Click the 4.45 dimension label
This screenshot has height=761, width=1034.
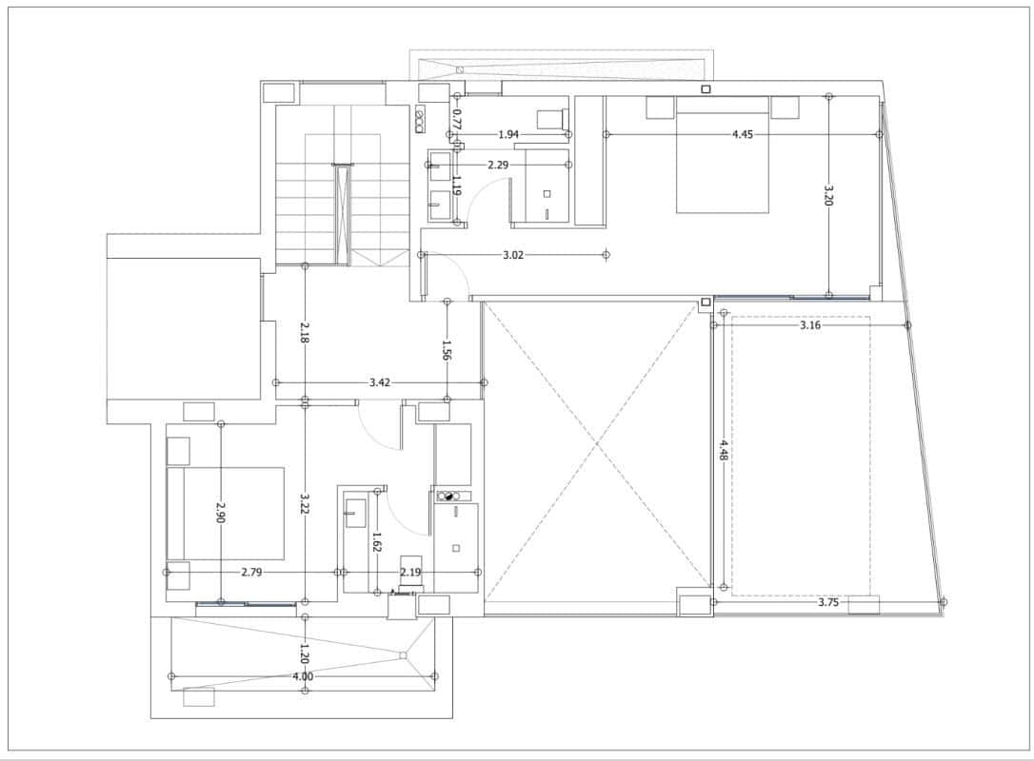pos(743,134)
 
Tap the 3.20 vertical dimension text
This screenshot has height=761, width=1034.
pos(828,196)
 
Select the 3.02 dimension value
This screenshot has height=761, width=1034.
pos(514,255)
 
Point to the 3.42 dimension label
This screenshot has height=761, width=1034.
pos(379,382)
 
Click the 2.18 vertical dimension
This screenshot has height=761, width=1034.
pos(305,332)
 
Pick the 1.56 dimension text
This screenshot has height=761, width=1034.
pos(446,350)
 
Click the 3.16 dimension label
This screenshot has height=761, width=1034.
pos(809,325)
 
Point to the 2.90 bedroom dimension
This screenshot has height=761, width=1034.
pos(221,513)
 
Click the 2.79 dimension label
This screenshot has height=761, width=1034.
pos(251,572)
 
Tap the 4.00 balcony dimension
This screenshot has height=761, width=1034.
pos(303,676)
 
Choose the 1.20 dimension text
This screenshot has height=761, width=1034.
pos(305,654)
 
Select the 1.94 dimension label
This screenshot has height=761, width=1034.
pos(508,134)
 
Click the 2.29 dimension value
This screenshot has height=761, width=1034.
pos(497,165)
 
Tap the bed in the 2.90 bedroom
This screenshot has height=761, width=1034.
pos(226,512)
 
